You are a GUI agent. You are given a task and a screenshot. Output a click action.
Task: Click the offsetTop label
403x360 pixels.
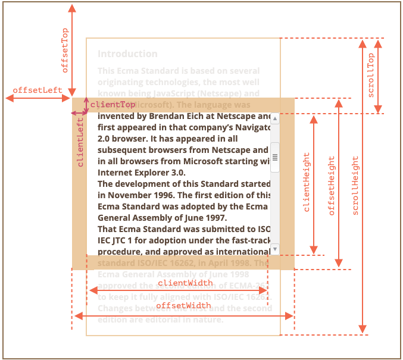tap(65, 50)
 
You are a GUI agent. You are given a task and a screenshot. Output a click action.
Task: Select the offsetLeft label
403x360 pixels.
tap(38, 90)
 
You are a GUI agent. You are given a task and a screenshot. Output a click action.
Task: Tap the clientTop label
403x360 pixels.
tap(113, 105)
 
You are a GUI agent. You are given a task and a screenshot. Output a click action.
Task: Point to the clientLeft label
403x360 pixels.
tap(80, 142)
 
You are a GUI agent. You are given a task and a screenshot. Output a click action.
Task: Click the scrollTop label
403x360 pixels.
tap(371, 76)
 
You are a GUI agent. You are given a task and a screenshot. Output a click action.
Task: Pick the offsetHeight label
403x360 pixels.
tap(332, 186)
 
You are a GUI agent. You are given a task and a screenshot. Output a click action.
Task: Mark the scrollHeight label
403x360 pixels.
tap(356, 186)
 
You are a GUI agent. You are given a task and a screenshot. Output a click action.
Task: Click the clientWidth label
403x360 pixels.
tap(185, 283)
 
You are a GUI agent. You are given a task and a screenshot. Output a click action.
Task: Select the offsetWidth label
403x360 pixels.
tap(183, 305)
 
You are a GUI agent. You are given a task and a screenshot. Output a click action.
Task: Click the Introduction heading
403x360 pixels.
tap(127, 54)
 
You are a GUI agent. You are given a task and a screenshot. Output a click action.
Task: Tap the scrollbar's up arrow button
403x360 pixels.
tap(275, 119)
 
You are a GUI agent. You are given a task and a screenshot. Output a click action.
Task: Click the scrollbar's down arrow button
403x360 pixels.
tap(275, 248)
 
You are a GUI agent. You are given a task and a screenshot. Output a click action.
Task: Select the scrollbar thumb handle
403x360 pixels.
tap(275, 157)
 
